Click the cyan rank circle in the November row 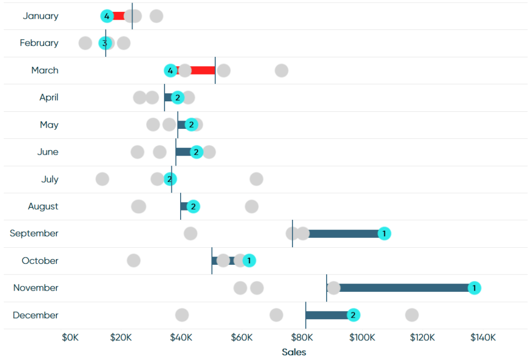coord(474,288)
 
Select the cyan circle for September coord(384,233)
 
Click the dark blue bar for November coord(404,288)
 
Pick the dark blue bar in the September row coord(344,233)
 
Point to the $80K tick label coord(302,338)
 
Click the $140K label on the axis coord(482,338)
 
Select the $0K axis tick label coord(70,338)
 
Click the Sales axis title coord(294,352)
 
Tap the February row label coord(39,43)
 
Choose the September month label coord(34,233)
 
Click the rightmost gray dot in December coord(411,315)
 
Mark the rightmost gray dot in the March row coord(281,70)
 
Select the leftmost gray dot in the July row coord(102,179)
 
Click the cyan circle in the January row coord(107,16)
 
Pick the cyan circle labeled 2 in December coord(353,315)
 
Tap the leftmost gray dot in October coord(134,261)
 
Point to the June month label coord(48,152)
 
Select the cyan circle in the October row coord(249,261)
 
